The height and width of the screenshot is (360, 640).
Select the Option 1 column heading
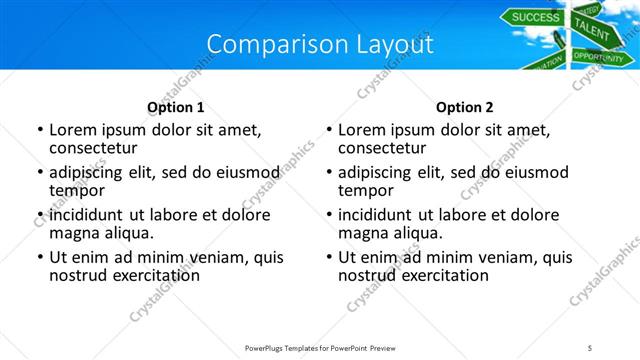[176, 107]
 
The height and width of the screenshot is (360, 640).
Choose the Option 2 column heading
[465, 107]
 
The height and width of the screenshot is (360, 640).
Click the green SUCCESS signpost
[536, 16]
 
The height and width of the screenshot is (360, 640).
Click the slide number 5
[590, 346]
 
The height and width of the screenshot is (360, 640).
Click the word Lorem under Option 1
[72, 130]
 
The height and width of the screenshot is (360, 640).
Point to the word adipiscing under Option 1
[91, 172]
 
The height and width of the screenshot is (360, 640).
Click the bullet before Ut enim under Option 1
[39, 258]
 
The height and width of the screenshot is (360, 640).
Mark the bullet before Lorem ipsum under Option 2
[328, 131]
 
